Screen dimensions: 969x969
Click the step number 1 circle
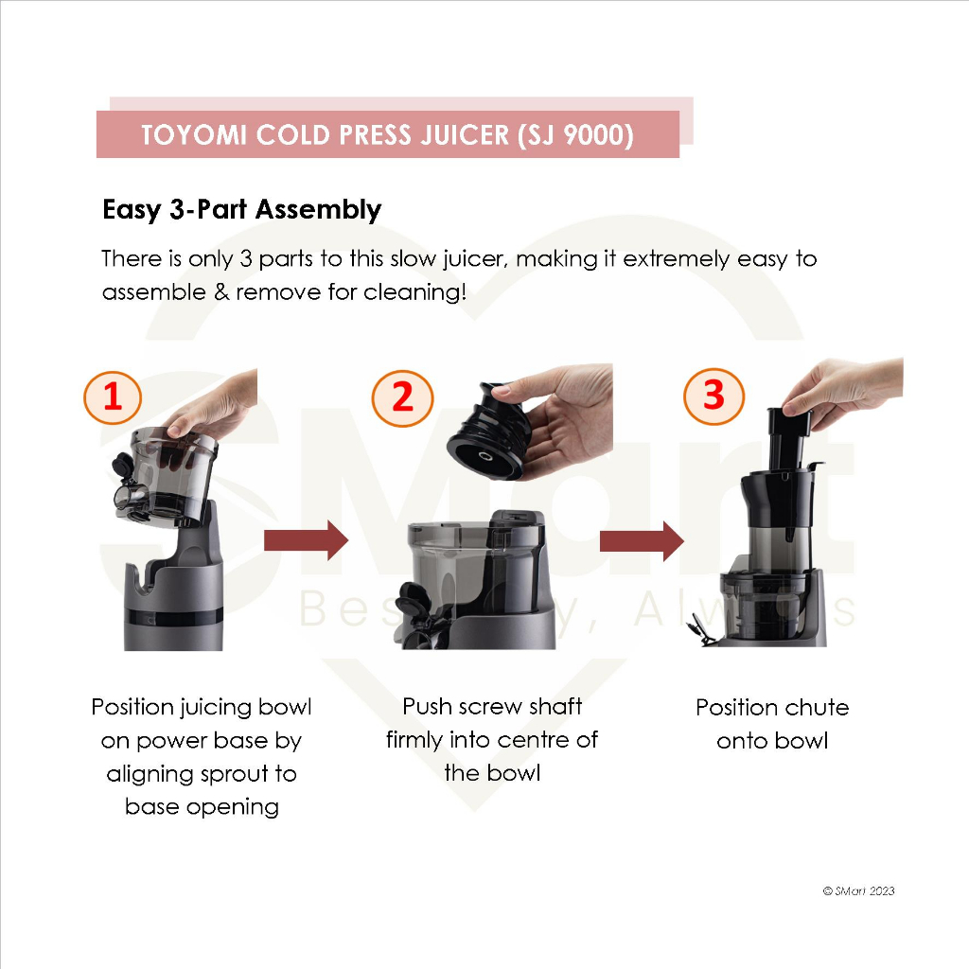click(113, 397)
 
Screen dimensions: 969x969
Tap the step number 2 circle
click(402, 398)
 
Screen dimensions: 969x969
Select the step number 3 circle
click(714, 396)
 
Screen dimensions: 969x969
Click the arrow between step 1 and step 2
click(306, 540)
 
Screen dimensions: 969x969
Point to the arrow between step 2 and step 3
click(642, 540)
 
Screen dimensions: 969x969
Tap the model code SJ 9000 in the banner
click(576, 135)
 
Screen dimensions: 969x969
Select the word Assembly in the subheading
click(318, 210)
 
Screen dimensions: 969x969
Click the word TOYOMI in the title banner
click(194, 134)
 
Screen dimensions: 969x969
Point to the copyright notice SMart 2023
click(859, 890)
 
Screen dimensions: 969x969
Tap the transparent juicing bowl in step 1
click(167, 476)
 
